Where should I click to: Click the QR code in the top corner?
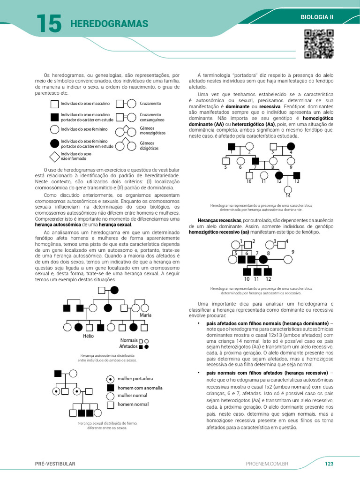click(x=319, y=44)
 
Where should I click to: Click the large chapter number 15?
click(x=48, y=23)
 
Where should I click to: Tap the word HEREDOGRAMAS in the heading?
click(x=109, y=24)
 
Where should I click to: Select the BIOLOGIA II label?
click(x=317, y=17)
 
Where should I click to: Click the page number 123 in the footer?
click(x=329, y=464)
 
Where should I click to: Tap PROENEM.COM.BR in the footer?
click(x=267, y=464)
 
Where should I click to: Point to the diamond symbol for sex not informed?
click(x=54, y=157)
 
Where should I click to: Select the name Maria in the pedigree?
click(x=145, y=315)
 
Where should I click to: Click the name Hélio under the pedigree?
click(x=88, y=336)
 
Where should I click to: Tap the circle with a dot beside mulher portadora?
click(x=111, y=378)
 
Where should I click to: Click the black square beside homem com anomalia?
click(x=111, y=387)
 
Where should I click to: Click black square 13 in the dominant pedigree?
click(x=296, y=176)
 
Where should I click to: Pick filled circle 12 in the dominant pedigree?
click(x=279, y=176)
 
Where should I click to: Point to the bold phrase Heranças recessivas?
click(x=219, y=220)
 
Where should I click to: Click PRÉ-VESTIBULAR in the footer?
click(x=55, y=464)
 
